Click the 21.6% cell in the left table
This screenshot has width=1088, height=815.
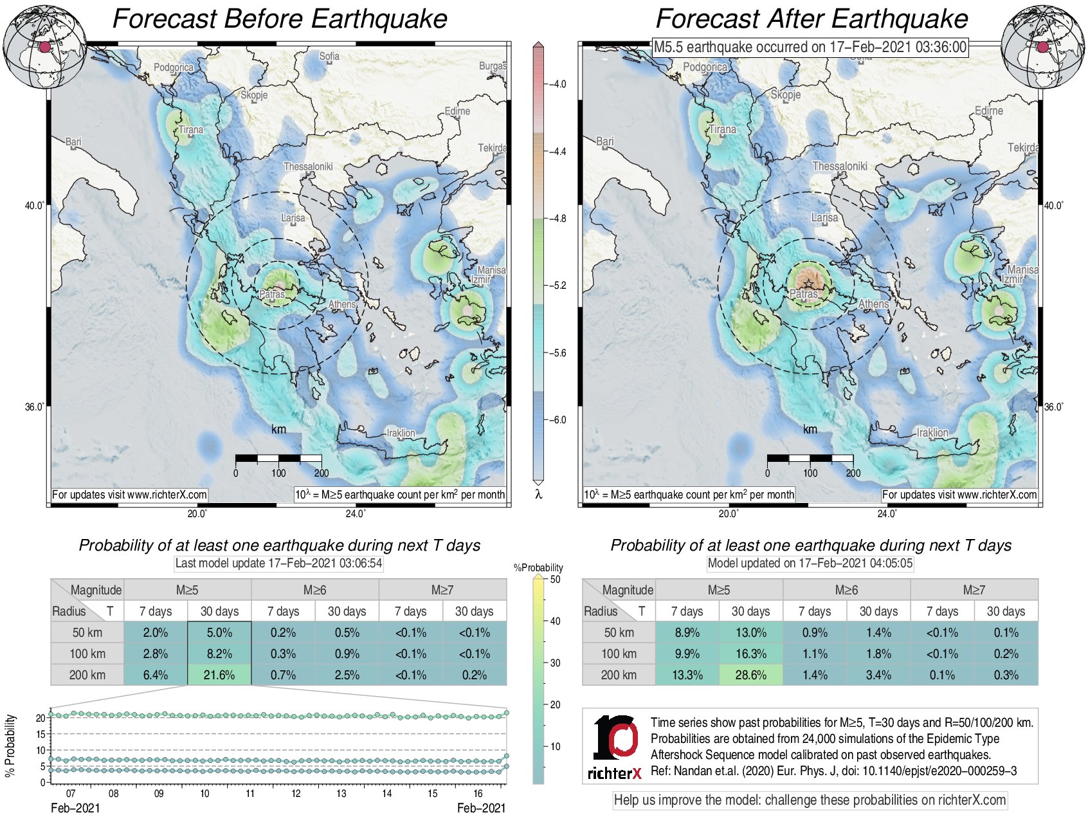pyautogui.click(x=219, y=675)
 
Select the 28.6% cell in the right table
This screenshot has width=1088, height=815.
pyautogui.click(x=750, y=675)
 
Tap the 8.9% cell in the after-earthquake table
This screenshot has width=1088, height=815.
pyautogui.click(x=687, y=632)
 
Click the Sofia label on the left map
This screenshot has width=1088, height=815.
pyautogui.click(x=329, y=57)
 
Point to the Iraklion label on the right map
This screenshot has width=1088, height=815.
pyautogui.click(x=932, y=433)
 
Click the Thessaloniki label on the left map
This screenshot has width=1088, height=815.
pyautogui.click(x=308, y=167)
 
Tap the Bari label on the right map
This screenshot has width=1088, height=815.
pyautogui.click(x=604, y=142)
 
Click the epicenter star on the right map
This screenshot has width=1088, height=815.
pyautogui.click(x=809, y=285)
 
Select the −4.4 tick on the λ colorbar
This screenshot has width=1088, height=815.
pyautogui.click(x=557, y=152)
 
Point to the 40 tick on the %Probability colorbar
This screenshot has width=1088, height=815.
pyautogui.click(x=555, y=621)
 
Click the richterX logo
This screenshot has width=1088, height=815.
pyautogui.click(x=615, y=747)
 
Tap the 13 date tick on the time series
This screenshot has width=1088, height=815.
pyautogui.click(x=341, y=793)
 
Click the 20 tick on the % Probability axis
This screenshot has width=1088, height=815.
pyautogui.click(x=41, y=717)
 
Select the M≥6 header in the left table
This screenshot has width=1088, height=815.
pyautogui.click(x=314, y=590)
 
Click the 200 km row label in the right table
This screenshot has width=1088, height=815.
pyautogui.click(x=619, y=675)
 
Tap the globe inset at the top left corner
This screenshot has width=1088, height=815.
pyautogui.click(x=44, y=47)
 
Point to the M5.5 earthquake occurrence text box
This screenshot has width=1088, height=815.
pyautogui.click(x=810, y=47)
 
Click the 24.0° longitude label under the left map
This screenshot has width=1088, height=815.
pyautogui.click(x=356, y=513)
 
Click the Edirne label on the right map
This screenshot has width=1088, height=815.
pyautogui.click(x=988, y=111)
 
